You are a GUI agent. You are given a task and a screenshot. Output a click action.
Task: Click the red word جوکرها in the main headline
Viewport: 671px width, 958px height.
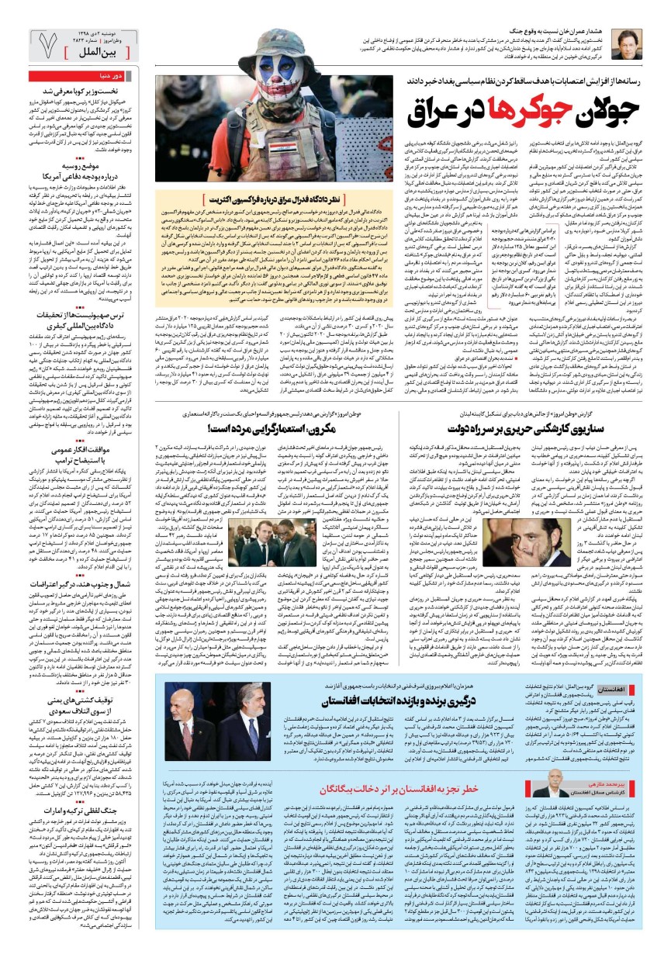(469, 112)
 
